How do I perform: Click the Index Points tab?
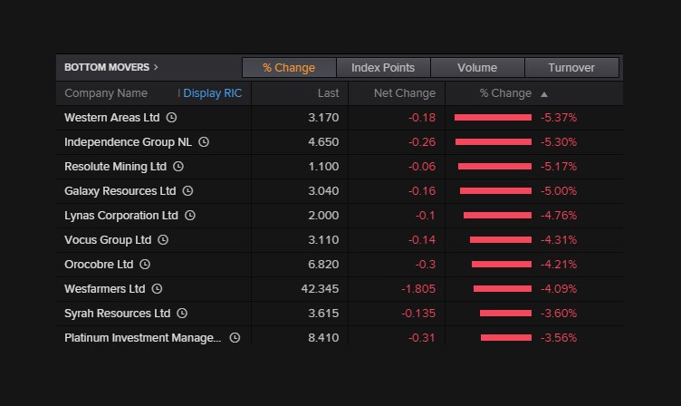tap(383, 68)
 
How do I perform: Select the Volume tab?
tap(476, 68)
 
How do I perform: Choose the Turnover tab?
tap(571, 68)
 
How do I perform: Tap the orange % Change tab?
tap(289, 68)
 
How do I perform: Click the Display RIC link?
tap(213, 93)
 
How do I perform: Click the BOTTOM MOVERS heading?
tap(110, 67)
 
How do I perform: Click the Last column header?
tap(328, 93)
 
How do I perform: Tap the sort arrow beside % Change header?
tap(543, 93)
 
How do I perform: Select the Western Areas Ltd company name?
tap(111, 118)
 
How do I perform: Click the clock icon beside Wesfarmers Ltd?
tap(157, 289)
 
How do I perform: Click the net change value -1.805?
tap(417, 289)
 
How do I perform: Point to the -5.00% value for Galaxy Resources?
tap(558, 191)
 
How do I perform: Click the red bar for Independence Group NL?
tap(493, 142)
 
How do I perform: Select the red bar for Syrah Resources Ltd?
tap(505, 314)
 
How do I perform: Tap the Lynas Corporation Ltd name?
tap(121, 216)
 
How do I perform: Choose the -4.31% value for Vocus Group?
tap(558, 240)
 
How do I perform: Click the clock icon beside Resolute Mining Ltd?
tap(178, 167)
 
